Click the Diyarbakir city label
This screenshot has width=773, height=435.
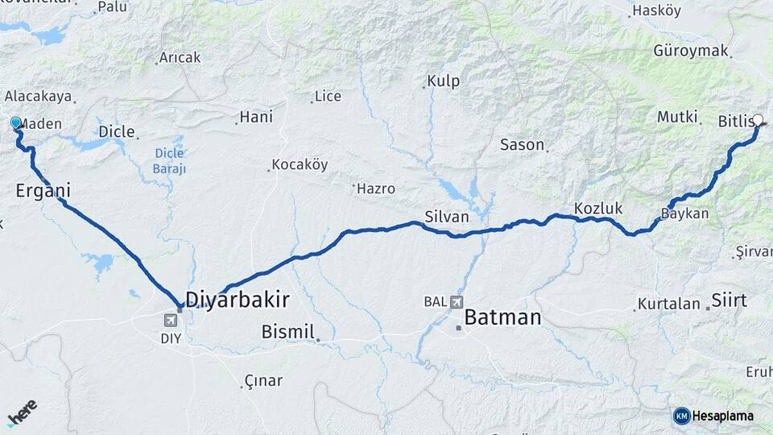pos(238,300)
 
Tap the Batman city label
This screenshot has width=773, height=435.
pos(502,317)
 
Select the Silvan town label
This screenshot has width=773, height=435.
pos(446,216)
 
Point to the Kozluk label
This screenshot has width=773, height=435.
pos(598,209)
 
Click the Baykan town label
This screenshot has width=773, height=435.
pos(684,214)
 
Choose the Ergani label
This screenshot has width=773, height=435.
pos(43,191)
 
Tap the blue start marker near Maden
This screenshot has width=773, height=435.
pos(15,122)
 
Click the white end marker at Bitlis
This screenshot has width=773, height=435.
pos(756,121)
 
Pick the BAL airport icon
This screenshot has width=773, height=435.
pos(457,302)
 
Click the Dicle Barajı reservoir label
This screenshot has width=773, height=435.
pos(169,161)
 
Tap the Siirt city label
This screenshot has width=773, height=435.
pos(729,301)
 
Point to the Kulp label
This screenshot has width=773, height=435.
pos(443,81)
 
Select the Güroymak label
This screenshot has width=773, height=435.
pos(690,51)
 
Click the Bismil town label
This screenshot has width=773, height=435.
pos(287,331)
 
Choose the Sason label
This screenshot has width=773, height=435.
pos(523,145)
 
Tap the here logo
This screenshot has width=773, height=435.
pos(23,412)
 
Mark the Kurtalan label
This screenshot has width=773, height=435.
pos(669,304)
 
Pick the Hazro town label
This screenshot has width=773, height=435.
pos(376,188)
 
